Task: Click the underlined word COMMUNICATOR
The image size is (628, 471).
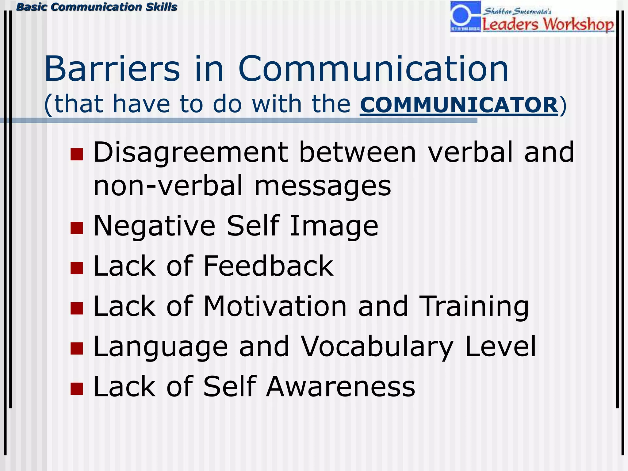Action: click(x=459, y=105)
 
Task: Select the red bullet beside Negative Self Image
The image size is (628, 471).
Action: click(x=77, y=228)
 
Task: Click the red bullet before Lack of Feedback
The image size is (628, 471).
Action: click(x=77, y=268)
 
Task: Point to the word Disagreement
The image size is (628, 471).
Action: click(x=190, y=152)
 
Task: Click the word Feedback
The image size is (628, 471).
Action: click(x=268, y=266)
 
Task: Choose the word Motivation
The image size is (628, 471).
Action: click(x=275, y=306)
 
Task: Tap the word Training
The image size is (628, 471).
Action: click(x=474, y=306)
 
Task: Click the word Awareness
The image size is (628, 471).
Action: click(x=340, y=386)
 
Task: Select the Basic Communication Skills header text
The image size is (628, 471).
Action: click(x=97, y=7)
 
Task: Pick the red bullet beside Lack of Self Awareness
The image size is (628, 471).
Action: click(x=77, y=389)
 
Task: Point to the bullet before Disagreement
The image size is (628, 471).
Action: click(x=77, y=154)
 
